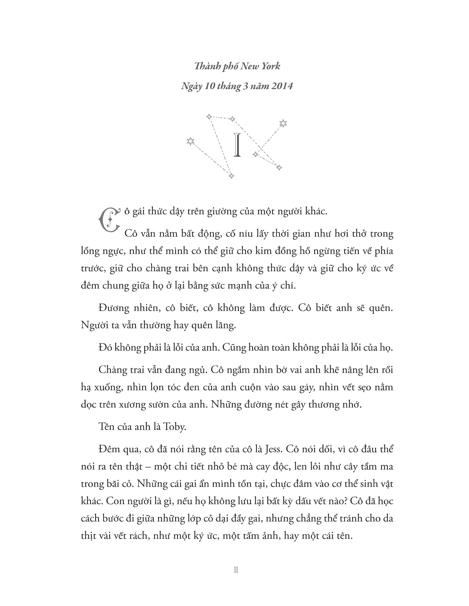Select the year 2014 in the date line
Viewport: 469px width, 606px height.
coord(282,86)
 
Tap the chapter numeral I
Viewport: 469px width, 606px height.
coord(237,145)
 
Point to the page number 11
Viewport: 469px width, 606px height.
coord(236,570)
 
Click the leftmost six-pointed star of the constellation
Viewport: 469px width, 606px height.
coord(190,141)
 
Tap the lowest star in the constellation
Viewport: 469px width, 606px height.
coord(231,176)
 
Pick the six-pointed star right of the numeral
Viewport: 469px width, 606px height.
coord(283,123)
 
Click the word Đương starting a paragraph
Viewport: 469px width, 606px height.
coord(114,308)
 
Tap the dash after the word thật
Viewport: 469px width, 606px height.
coord(148,466)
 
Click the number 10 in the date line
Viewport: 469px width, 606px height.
coord(209,86)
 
